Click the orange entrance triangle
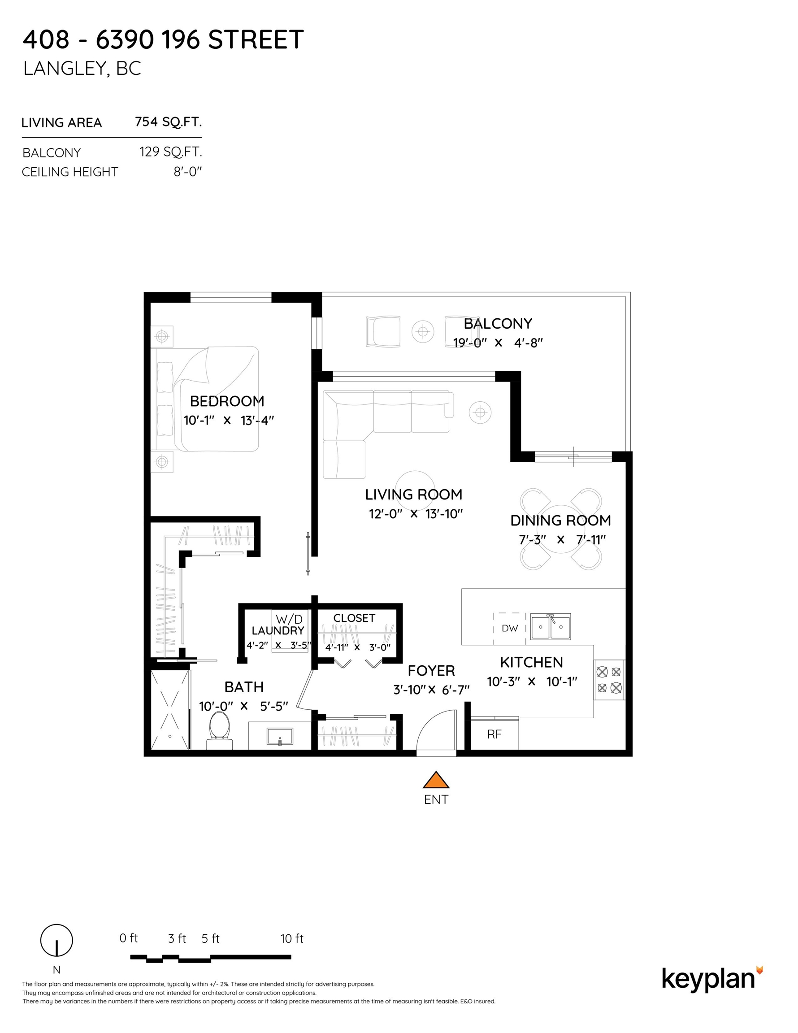(x=436, y=781)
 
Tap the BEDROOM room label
(x=227, y=401)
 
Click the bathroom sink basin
(x=280, y=737)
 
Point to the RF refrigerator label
(x=494, y=734)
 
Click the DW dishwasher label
(x=510, y=628)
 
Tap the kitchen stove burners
(x=609, y=679)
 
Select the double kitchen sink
(x=551, y=627)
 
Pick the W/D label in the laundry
(x=289, y=619)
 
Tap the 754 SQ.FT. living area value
(x=169, y=122)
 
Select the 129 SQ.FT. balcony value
(x=171, y=152)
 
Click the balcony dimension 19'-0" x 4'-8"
(x=498, y=343)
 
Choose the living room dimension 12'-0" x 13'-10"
(x=416, y=514)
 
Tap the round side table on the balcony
(x=423, y=332)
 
